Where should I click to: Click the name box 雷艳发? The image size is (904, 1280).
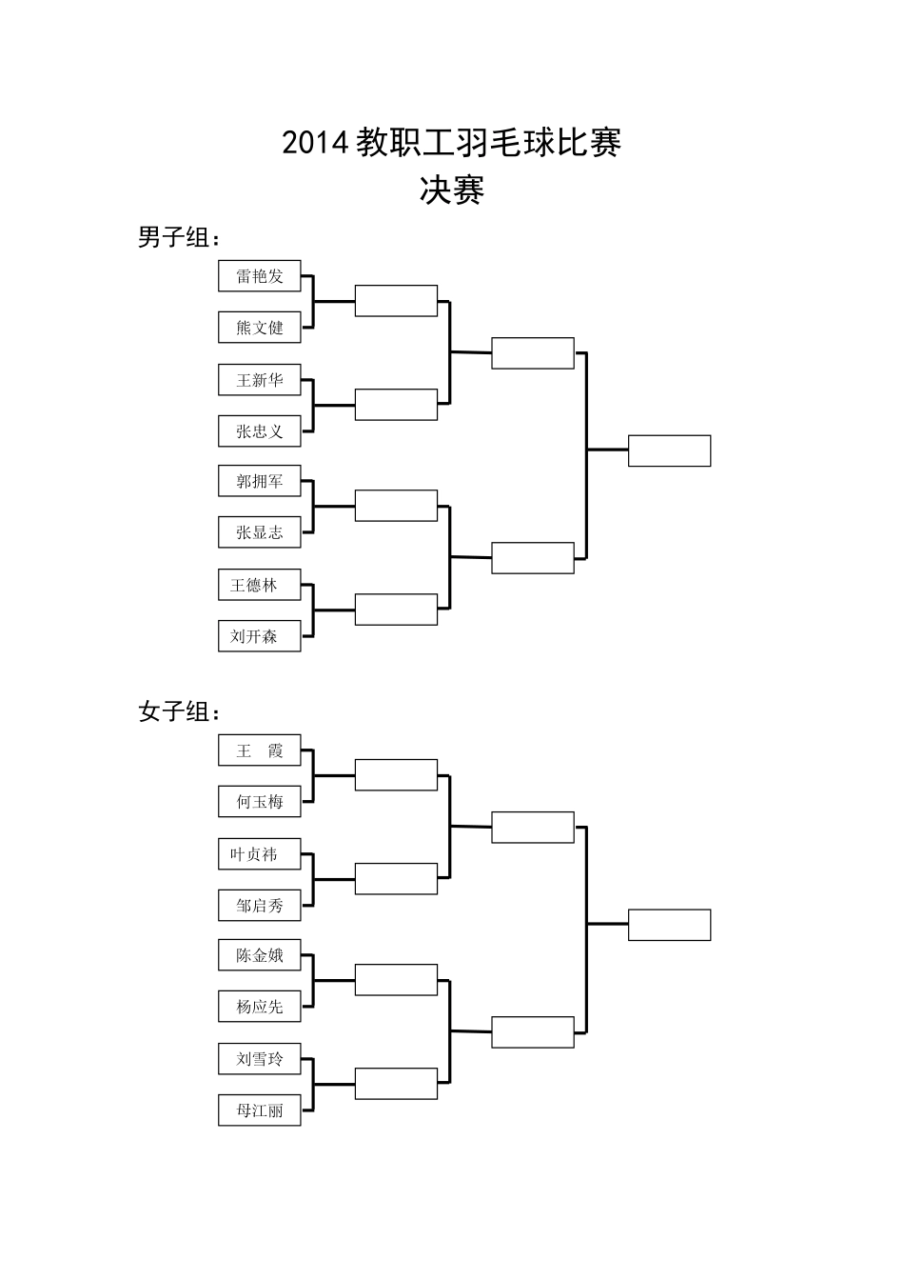tap(259, 276)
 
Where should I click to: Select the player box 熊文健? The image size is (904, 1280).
tap(259, 328)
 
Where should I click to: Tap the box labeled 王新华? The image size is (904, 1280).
tap(259, 380)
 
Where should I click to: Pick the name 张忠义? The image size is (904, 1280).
tap(259, 431)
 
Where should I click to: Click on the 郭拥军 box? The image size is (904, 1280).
tap(259, 482)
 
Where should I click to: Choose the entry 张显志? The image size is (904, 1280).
tap(259, 532)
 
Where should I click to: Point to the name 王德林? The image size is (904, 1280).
tap(259, 585)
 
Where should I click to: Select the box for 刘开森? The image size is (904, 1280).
tap(259, 636)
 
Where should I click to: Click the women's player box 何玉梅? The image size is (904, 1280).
tap(259, 802)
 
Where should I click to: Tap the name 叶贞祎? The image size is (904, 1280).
tap(259, 854)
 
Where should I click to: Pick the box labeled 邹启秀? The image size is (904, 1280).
tap(259, 906)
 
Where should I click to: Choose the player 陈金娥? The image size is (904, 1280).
tap(259, 955)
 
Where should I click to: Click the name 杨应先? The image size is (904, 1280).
tap(259, 1007)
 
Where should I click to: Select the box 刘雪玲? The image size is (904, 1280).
tap(259, 1058)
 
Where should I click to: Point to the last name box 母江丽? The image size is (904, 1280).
tap(259, 1110)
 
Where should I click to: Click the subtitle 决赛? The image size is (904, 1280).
tap(452, 190)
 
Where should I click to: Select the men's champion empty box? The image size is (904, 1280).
tap(669, 450)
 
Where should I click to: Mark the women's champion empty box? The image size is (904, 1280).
tap(669, 925)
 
